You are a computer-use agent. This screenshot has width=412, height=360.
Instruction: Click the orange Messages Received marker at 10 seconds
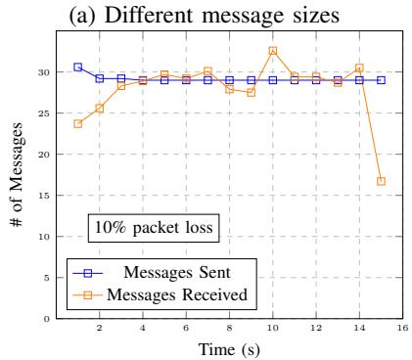point(273,51)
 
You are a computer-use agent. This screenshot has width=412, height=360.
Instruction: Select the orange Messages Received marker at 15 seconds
point(381,181)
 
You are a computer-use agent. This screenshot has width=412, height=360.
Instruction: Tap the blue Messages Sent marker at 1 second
point(77,67)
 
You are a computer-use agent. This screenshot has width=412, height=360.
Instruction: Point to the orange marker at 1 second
point(77,124)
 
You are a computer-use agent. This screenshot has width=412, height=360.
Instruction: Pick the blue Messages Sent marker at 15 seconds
point(381,80)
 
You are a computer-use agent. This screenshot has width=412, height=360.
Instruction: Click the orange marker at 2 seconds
point(100,109)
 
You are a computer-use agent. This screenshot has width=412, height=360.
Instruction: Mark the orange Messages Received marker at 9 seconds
point(252,93)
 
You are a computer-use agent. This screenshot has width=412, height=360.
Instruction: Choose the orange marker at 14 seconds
point(359,67)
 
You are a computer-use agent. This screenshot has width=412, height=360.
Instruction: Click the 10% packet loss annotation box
point(154,228)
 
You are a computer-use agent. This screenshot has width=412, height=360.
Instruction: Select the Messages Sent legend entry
point(152,273)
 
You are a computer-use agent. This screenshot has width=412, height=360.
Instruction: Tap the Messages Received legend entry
point(160,294)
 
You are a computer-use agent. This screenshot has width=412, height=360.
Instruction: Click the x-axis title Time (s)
point(229,349)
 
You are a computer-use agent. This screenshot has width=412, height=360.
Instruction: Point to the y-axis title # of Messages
point(16,175)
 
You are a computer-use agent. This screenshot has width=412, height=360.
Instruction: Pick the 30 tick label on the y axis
point(43,72)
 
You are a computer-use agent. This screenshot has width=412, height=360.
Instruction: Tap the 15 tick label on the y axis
point(43,196)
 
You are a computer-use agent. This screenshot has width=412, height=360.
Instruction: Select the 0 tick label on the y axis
point(46,319)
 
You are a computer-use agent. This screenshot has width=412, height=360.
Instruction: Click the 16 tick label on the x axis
point(403,328)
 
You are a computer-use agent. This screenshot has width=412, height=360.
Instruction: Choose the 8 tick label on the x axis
point(229,328)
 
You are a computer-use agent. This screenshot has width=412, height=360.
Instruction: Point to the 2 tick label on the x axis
point(99,328)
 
